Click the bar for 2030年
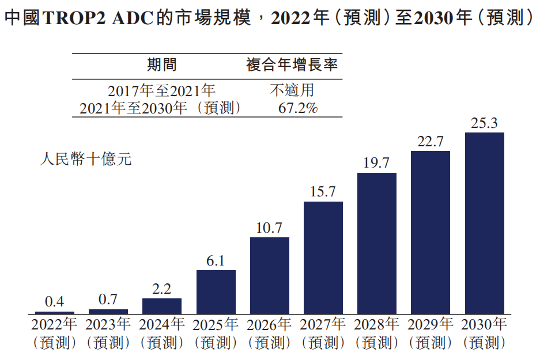pos(484,223)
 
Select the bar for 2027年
pos(323,257)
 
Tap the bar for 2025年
pos(216,291)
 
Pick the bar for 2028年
pos(376,243)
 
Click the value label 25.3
pos(484,123)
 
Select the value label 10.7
pos(269,228)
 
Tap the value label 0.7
pos(108,300)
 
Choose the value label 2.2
pos(161,289)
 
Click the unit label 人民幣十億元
pos(85,159)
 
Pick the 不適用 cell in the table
pos(292,91)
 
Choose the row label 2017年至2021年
pos(161,91)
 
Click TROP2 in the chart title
pos(73,18)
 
